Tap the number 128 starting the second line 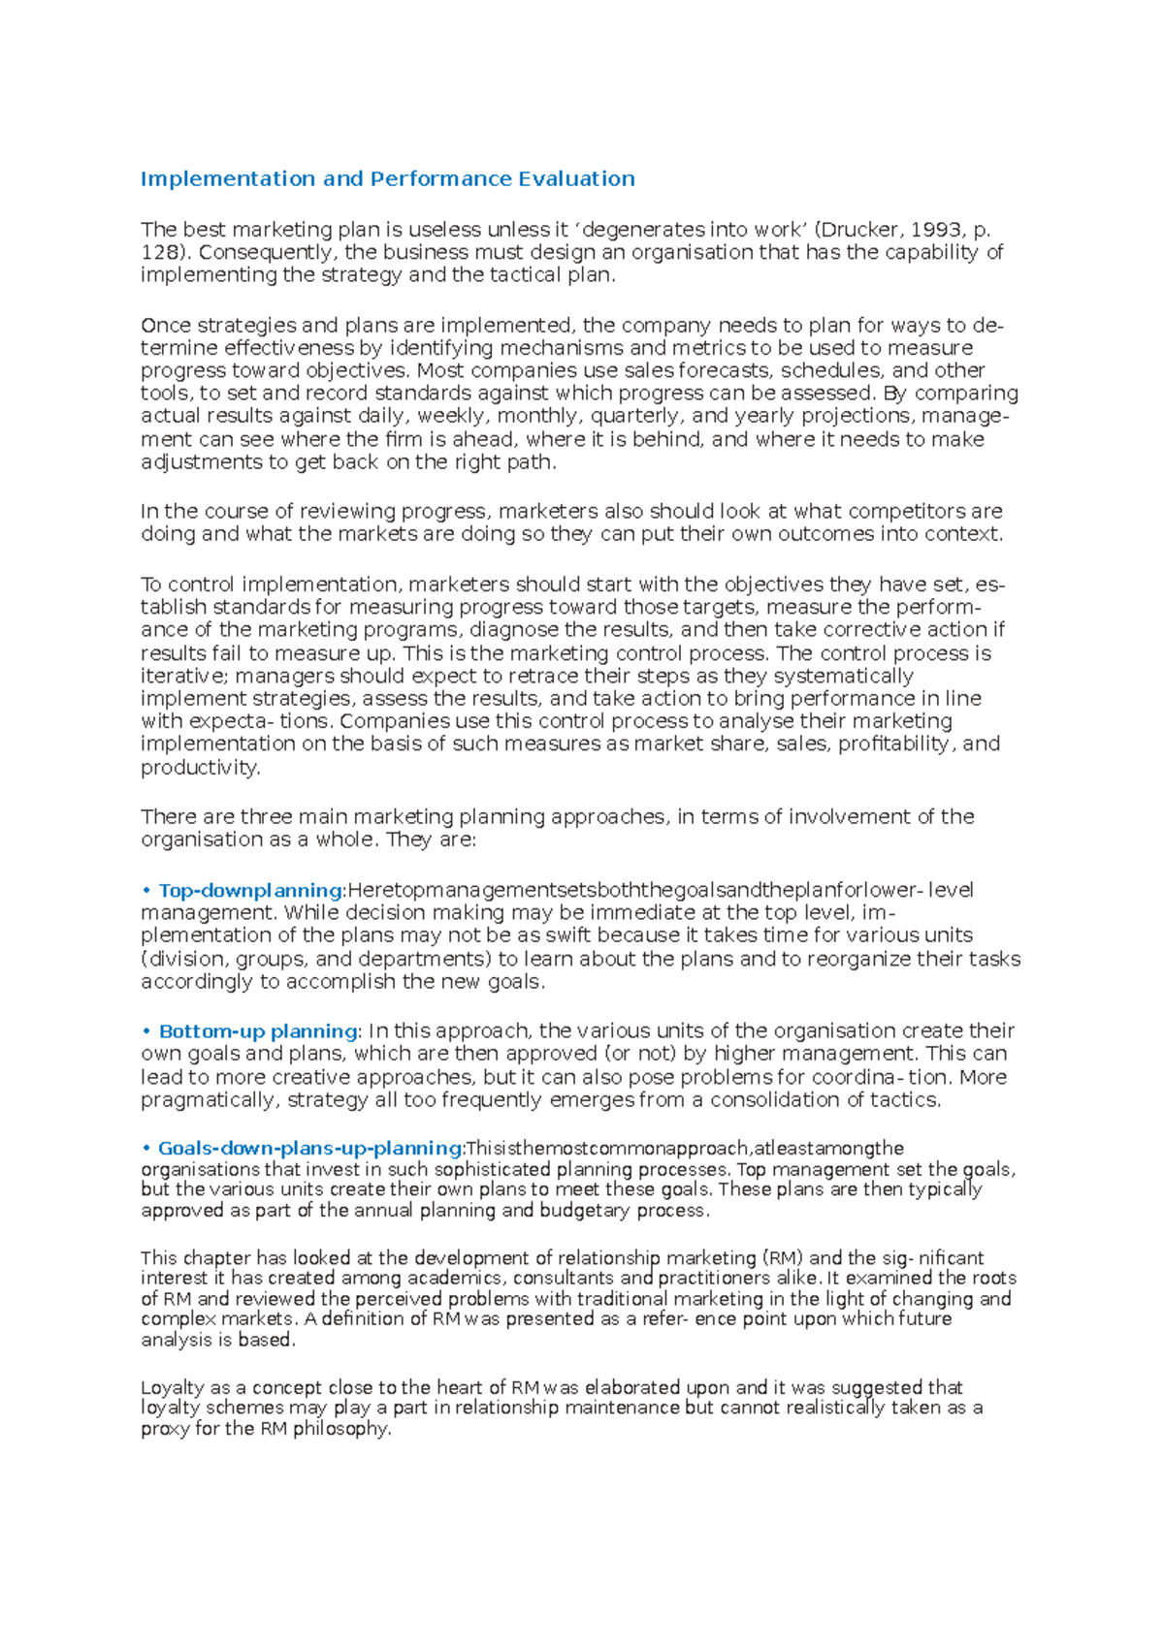click(160, 253)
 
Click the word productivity click(200, 768)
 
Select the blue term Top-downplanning click(250, 890)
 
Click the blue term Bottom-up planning click(258, 1031)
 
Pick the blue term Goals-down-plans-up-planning click(310, 1149)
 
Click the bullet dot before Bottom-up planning click(146, 1031)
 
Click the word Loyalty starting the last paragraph click(172, 1387)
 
